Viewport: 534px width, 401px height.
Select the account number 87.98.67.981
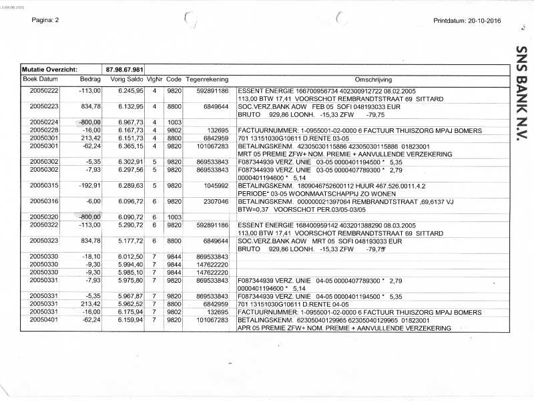tap(125, 70)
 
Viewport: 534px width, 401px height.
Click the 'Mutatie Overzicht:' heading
tap(50, 70)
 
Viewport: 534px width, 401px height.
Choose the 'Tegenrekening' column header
tap(207, 79)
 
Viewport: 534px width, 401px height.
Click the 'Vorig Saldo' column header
tap(127, 79)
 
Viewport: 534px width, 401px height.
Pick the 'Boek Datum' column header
tap(41, 79)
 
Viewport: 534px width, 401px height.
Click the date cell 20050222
tap(44, 90)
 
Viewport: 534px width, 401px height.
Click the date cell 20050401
tap(44, 320)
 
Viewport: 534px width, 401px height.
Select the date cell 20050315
tap(44, 185)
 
